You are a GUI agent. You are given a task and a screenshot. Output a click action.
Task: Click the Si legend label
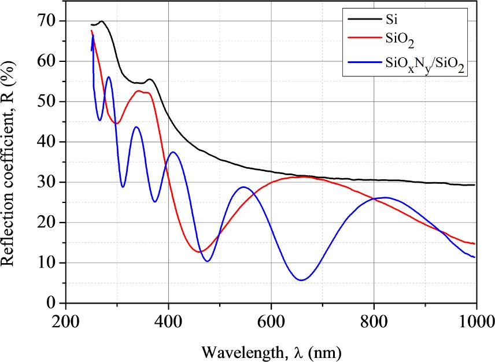pos(390,21)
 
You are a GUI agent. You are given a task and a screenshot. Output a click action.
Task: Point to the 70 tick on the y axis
pos(49,21)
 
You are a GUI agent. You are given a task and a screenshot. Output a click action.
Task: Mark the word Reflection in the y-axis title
pos(8,231)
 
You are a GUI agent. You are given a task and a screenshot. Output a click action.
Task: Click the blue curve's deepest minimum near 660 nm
pos(301,280)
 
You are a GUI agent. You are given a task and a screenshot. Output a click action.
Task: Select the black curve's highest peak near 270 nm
pos(101,21)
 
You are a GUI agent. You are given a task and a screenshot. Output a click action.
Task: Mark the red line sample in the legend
pos(362,42)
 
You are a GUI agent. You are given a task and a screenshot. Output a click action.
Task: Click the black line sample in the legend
pos(362,21)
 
